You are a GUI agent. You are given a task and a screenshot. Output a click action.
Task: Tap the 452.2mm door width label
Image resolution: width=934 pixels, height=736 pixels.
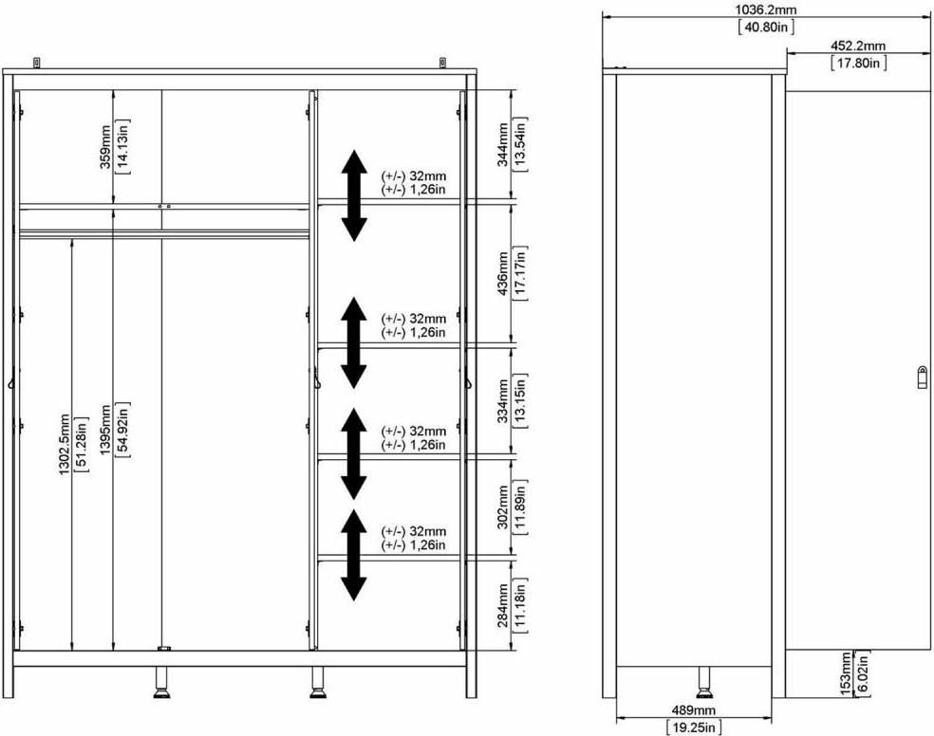pyautogui.click(x=858, y=46)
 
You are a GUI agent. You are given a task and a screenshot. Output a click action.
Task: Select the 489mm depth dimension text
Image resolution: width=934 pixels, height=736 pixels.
pyautogui.click(x=693, y=709)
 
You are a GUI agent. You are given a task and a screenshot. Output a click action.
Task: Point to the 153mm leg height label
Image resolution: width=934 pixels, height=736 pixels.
pyautogui.click(x=845, y=673)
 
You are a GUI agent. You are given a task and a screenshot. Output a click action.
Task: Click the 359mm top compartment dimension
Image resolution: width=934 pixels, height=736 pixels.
pyautogui.click(x=105, y=146)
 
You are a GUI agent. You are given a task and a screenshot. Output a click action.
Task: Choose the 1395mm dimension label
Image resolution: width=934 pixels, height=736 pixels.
pyautogui.click(x=105, y=431)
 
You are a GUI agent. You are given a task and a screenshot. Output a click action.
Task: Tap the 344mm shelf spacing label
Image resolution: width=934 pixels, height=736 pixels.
pyautogui.click(x=503, y=144)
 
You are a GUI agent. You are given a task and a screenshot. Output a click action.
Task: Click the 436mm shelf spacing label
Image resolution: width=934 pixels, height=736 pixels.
pyautogui.click(x=503, y=274)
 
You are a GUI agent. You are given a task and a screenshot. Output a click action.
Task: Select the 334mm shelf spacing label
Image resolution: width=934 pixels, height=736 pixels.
pyautogui.click(x=503, y=401)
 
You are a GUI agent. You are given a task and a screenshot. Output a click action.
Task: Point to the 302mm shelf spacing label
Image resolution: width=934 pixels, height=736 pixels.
pyautogui.click(x=503, y=506)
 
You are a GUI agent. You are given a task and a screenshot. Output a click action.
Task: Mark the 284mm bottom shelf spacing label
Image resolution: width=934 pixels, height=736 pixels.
pyautogui.click(x=503, y=605)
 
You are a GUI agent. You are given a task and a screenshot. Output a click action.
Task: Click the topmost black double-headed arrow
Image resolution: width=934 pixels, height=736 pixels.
pyautogui.click(x=354, y=195)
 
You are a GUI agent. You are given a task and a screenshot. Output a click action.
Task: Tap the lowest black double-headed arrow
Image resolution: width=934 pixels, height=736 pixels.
pyautogui.click(x=354, y=555)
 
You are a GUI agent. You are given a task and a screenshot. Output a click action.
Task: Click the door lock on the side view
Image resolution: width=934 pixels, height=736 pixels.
pyautogui.click(x=922, y=377)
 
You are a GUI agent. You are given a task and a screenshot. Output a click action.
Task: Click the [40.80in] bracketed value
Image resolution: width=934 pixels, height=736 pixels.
pyautogui.click(x=765, y=27)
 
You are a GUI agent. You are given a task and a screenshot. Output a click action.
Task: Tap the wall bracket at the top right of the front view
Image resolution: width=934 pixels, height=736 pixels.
pyautogui.click(x=442, y=62)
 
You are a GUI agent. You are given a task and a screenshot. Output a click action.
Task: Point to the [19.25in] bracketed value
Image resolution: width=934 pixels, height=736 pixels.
pyautogui.click(x=694, y=727)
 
